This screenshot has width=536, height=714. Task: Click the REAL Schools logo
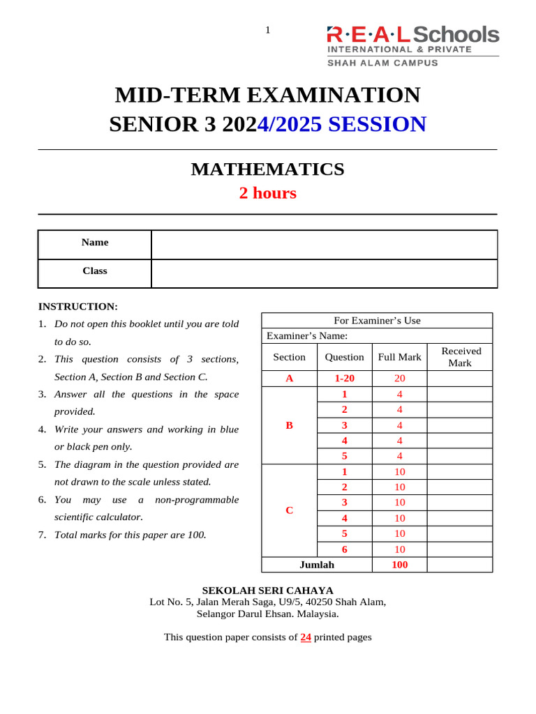412,35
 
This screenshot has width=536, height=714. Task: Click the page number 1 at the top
267,29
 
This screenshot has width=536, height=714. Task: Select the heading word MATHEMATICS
267,169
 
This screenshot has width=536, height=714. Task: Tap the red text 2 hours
267,193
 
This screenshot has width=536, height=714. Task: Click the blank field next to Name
324,245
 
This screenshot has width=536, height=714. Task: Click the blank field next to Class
324,273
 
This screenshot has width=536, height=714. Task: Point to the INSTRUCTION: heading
78,306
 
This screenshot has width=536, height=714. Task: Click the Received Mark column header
460,357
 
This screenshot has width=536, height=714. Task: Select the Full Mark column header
399,357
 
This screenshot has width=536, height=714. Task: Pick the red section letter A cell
289,379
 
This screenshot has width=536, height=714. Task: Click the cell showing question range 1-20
344,379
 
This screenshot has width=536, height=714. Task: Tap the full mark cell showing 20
399,379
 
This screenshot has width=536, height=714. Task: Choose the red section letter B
289,425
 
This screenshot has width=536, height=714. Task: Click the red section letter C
289,510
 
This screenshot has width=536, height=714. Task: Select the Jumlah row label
317,565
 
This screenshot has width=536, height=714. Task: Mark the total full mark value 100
399,565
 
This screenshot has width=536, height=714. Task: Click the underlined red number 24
306,637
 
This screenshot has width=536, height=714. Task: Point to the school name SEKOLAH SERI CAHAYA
267,590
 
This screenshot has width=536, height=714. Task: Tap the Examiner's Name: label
307,336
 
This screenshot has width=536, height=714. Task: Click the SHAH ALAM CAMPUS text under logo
383,63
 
